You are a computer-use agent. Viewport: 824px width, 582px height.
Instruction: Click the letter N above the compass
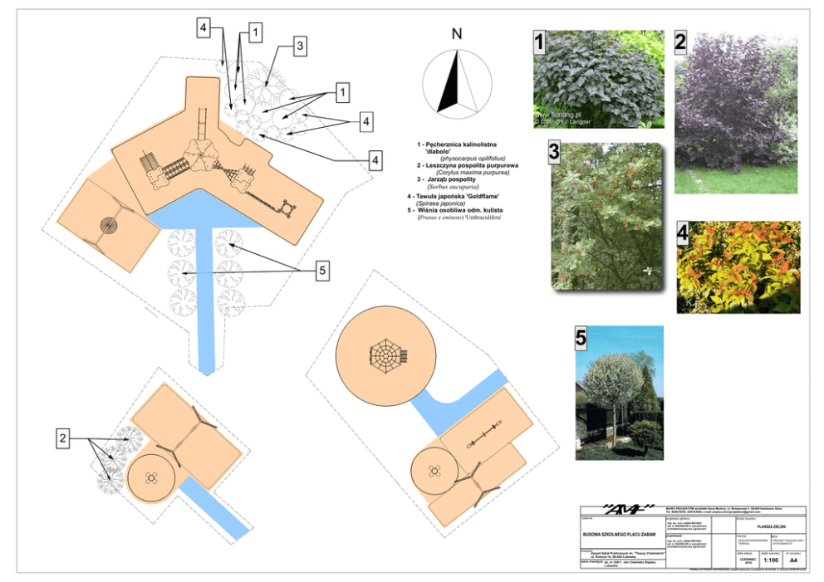coord(456,35)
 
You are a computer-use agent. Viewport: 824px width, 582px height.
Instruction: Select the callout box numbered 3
coord(300,46)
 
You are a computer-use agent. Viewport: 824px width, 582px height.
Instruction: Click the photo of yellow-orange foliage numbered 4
coord(738,267)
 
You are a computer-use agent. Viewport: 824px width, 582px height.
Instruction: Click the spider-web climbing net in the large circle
coord(385,355)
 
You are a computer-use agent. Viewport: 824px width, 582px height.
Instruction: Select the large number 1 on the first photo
coord(539,42)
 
